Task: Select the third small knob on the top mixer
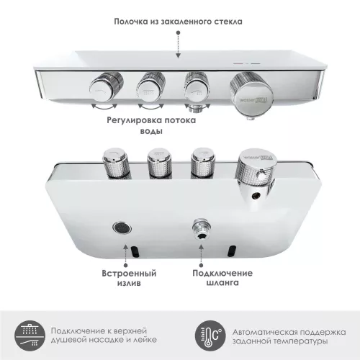coord(197,86)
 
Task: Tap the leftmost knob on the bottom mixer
coord(115,163)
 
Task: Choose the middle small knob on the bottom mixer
coord(158,163)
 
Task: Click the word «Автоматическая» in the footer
coord(259,328)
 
